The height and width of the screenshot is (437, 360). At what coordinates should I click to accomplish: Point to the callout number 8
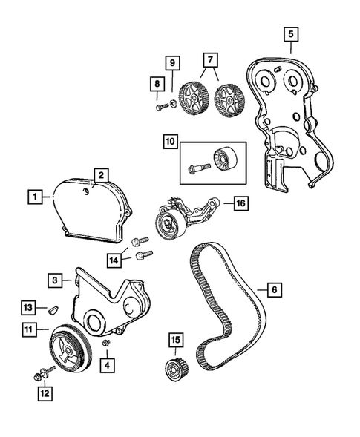pos(156,84)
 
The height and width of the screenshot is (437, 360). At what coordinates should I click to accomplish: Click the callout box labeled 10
pos(171,139)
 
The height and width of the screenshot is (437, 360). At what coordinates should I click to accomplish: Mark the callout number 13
pos(27,307)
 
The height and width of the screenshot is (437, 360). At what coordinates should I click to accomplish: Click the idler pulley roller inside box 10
pos(223,159)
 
